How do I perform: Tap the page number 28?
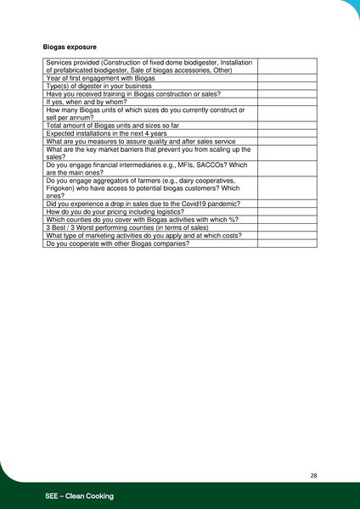pyautogui.click(x=313, y=475)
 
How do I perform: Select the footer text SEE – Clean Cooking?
pyautogui.click(x=80, y=495)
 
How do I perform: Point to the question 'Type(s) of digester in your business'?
pyautogui.click(x=99, y=86)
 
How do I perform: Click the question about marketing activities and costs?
pyautogui.click(x=134, y=236)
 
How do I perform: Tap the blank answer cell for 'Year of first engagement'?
pyautogui.click(x=286, y=78)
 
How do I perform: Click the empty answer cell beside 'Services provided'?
pyautogui.click(x=286, y=66)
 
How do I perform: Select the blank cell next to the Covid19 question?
pyautogui.click(x=286, y=204)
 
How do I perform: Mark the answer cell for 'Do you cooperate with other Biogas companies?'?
pyautogui.click(x=286, y=243)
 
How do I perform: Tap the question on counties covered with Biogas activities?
pyautogui.click(x=142, y=220)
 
